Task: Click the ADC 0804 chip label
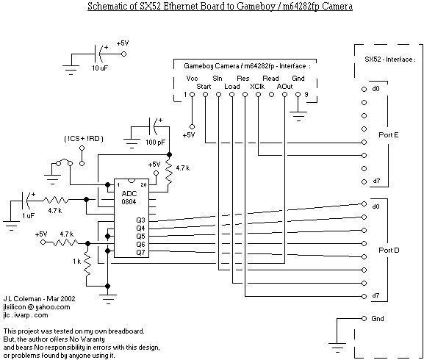pyautogui.click(x=129, y=198)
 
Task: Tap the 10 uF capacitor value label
pyautogui.click(x=100, y=68)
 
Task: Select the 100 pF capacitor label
pyautogui.click(x=155, y=142)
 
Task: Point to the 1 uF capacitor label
pyautogui.click(x=29, y=215)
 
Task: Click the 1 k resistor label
pyautogui.click(x=77, y=262)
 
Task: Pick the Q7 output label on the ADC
pyautogui.click(x=140, y=253)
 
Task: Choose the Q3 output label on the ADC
pyautogui.click(x=140, y=220)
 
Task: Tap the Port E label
pyautogui.click(x=389, y=134)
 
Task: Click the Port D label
pyautogui.click(x=389, y=250)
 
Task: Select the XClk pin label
pyautogui.click(x=257, y=86)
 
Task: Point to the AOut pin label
pyautogui.click(x=284, y=86)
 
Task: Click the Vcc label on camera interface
pyautogui.click(x=192, y=79)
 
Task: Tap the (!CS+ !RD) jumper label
pyautogui.click(x=84, y=139)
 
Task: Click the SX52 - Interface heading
pyautogui.click(x=390, y=60)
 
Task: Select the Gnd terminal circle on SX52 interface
pyautogui.click(x=364, y=318)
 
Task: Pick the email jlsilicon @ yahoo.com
pyautogui.click(x=37, y=307)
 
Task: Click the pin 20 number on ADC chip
pyautogui.click(x=143, y=185)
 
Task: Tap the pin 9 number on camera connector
pyautogui.click(x=306, y=94)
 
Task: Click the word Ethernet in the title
pyautogui.click(x=182, y=6)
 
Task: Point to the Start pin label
pyautogui.click(x=204, y=86)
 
